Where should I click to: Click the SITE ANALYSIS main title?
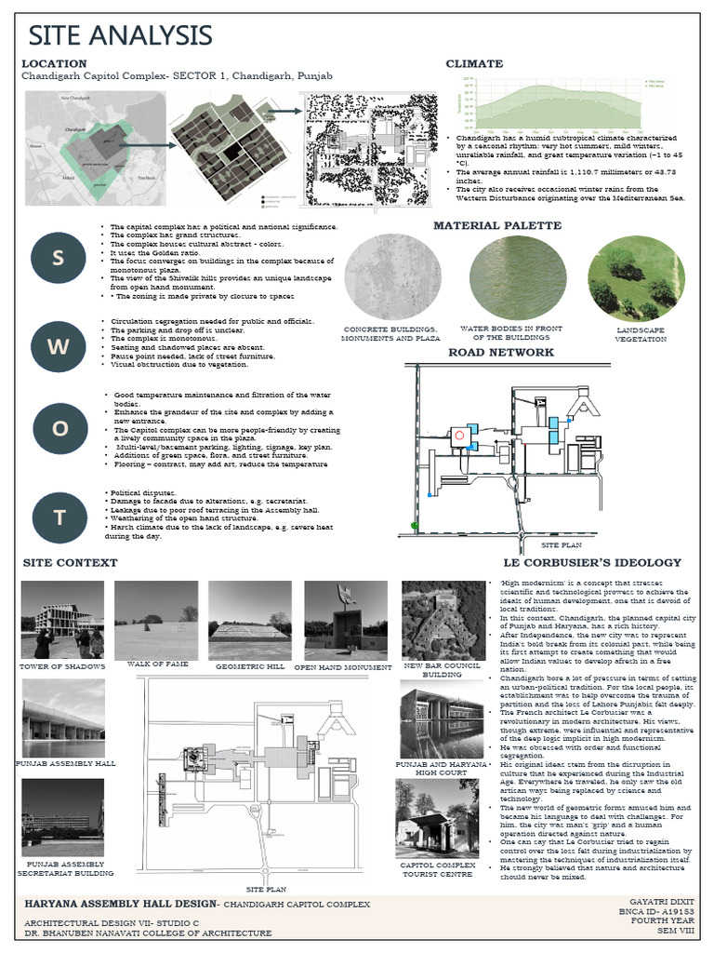click(x=120, y=35)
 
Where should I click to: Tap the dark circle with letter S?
click(x=59, y=258)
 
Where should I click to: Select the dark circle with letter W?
click(x=59, y=346)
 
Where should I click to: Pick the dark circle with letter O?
click(x=59, y=429)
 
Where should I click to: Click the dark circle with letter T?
click(x=59, y=517)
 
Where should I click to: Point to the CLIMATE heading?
click(x=474, y=64)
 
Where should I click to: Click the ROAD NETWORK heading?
click(x=501, y=352)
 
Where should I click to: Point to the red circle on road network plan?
click(x=457, y=435)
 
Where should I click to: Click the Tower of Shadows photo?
click(x=62, y=620)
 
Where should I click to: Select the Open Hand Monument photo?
click(x=346, y=620)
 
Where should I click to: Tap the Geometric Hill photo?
click(x=250, y=620)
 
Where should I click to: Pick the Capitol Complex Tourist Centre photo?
click(x=437, y=818)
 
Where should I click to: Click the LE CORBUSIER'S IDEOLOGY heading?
click(x=592, y=563)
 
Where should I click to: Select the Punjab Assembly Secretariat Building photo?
click(x=62, y=818)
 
